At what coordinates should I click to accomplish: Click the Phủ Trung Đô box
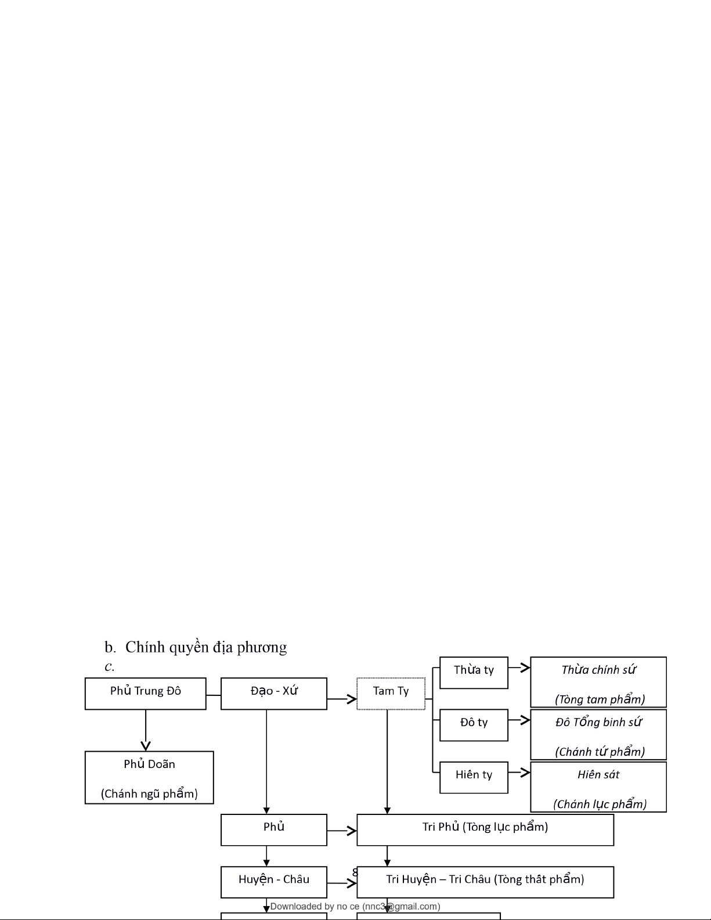tap(145, 693)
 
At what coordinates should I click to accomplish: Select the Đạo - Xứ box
tap(273, 693)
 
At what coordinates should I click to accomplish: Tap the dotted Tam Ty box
tap(391, 693)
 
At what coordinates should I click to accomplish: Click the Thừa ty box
tap(474, 672)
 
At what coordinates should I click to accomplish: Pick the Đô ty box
tap(474, 724)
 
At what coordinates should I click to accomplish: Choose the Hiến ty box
tap(474, 777)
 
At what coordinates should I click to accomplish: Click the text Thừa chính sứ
tap(598, 670)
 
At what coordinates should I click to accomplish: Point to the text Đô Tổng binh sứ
tap(598, 722)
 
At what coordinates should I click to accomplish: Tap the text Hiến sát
tap(598, 774)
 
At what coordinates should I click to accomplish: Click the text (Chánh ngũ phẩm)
tap(149, 793)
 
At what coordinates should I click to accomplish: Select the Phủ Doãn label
tap(149, 764)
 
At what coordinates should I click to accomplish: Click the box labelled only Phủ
tap(273, 829)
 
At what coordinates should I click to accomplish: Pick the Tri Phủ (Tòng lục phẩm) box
tap(485, 829)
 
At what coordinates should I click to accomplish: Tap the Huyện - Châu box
tap(273, 882)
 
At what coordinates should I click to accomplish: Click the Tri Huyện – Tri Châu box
tap(485, 882)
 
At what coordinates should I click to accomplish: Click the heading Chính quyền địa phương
tap(205, 647)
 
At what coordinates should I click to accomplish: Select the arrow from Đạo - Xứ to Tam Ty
tap(342, 699)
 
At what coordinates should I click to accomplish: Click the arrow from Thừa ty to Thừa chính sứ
tap(519, 668)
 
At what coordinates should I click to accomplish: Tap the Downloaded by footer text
tap(355, 906)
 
